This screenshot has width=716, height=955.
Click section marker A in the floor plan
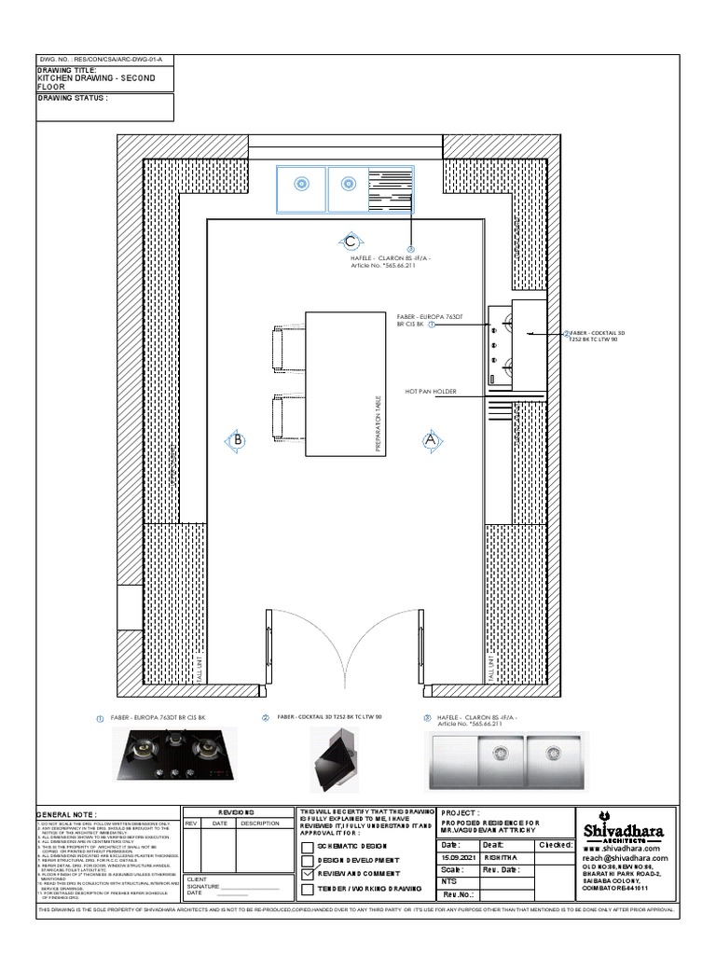pos(430,437)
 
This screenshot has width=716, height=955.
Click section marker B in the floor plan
pos(239,438)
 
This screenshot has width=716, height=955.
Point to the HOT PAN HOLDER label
pos(431,392)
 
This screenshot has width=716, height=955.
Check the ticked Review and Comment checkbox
pos(309,874)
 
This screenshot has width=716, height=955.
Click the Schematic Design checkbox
pos(309,845)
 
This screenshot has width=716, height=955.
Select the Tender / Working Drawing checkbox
pos(309,890)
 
